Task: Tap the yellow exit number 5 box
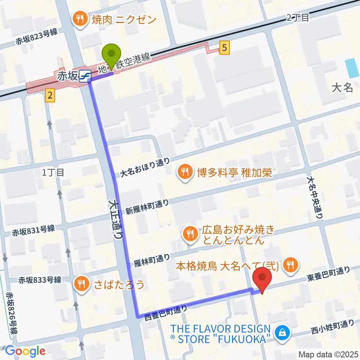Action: [224, 48]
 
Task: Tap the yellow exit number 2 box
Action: [50, 96]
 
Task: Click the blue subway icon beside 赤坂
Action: [85, 76]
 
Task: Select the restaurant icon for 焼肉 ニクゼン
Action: [80, 19]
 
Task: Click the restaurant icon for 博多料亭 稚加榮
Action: [184, 172]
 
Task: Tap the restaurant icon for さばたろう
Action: [81, 284]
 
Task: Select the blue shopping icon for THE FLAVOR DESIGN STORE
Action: [280, 331]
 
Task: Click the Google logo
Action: [25, 351]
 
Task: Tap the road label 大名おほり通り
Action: [145, 168]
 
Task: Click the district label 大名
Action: [342, 88]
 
